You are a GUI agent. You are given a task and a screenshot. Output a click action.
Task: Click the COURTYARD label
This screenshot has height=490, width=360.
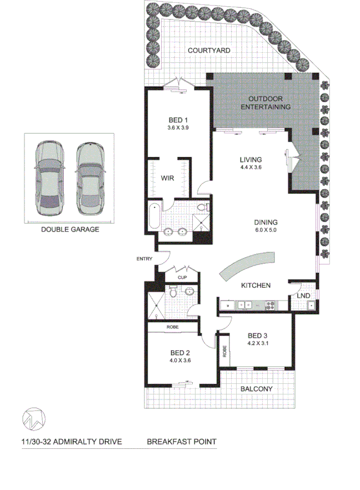click(x=209, y=51)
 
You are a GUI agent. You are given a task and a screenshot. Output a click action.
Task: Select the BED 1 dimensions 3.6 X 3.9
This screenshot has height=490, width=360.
click(x=178, y=128)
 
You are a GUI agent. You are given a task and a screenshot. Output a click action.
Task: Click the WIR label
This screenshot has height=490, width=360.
click(x=168, y=178)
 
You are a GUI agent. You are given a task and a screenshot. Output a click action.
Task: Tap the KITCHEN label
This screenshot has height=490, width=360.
click(x=256, y=286)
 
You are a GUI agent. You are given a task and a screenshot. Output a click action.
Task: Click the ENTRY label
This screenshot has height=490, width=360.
click(x=143, y=259)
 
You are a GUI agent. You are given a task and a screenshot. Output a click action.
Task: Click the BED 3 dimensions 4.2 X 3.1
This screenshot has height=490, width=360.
click(x=258, y=343)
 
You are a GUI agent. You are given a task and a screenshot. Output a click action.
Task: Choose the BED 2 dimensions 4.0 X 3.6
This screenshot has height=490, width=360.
click(x=181, y=359)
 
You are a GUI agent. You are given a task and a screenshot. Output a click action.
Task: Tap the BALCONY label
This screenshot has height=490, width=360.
click(x=256, y=389)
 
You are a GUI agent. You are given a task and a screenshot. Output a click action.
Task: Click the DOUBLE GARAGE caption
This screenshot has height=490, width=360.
click(x=69, y=229)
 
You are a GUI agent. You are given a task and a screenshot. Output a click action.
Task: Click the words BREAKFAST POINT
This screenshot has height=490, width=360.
click(x=182, y=443)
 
